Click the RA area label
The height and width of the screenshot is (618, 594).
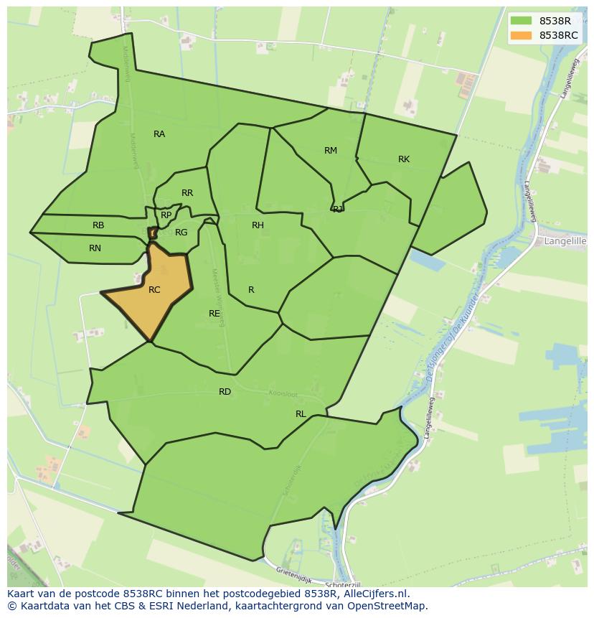coord(159,134)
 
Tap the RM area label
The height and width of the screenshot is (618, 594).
coord(330,151)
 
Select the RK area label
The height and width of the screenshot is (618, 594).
coord(404,159)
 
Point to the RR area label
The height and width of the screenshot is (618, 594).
coord(187,193)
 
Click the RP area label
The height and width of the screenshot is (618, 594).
coord(166,215)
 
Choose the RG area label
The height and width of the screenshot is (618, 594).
coord(181,233)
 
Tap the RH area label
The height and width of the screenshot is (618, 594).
coord(258,225)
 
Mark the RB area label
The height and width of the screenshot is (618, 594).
coord(98,225)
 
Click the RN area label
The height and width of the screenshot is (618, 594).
coord(95,248)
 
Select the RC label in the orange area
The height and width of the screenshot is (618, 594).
coord(154,290)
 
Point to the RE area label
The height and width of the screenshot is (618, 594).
coord(214,314)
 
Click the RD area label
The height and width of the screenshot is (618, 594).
coord(225,392)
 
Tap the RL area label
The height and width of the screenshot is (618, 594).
coord(301,414)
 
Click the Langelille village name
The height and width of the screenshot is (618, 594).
coord(565,242)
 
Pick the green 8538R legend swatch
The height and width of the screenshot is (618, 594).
coord(522,21)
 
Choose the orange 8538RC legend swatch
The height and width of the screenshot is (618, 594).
coord(522,35)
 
